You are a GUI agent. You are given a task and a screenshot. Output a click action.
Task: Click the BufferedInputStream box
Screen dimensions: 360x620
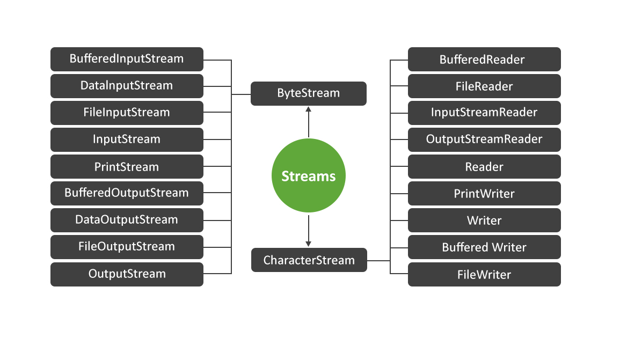pyautogui.click(x=127, y=59)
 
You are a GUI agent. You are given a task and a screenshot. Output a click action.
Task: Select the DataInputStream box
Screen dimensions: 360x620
pyautogui.click(x=127, y=86)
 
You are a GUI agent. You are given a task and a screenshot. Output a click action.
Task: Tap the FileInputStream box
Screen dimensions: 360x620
pyautogui.click(x=127, y=113)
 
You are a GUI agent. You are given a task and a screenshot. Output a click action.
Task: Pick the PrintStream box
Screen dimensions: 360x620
pyautogui.click(x=127, y=166)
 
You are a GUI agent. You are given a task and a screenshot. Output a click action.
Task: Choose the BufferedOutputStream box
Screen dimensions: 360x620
pyautogui.click(x=127, y=193)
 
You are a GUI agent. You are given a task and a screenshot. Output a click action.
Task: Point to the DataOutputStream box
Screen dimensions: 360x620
pyautogui.click(x=127, y=220)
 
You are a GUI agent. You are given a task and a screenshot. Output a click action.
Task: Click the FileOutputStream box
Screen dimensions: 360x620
pyautogui.click(x=127, y=247)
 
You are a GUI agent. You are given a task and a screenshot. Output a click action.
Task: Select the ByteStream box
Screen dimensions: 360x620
pyautogui.click(x=309, y=93)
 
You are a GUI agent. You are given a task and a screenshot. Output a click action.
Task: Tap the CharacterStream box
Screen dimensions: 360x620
pyautogui.click(x=309, y=260)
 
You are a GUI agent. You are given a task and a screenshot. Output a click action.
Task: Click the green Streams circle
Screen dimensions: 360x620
pyautogui.click(x=309, y=177)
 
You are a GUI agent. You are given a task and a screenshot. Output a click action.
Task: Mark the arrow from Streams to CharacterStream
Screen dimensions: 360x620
pyautogui.click(x=309, y=231)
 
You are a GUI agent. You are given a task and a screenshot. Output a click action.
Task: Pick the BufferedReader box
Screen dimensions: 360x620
pyautogui.click(x=484, y=60)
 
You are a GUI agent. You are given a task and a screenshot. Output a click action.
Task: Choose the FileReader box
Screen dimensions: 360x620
pyautogui.click(x=484, y=86)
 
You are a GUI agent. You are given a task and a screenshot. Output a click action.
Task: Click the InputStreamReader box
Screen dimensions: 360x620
pyautogui.click(x=484, y=113)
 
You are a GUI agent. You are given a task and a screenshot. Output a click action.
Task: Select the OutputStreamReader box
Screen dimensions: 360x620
pyautogui.click(x=484, y=139)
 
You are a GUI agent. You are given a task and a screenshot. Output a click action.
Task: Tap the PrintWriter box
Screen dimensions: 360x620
pyautogui.click(x=484, y=194)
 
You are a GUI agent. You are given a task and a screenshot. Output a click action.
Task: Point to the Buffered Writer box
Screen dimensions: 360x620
pyautogui.click(x=484, y=247)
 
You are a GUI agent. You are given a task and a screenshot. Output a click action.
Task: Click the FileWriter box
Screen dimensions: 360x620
pyautogui.click(x=484, y=275)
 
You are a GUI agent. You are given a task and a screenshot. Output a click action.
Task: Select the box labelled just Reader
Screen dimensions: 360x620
pyautogui.click(x=484, y=167)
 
